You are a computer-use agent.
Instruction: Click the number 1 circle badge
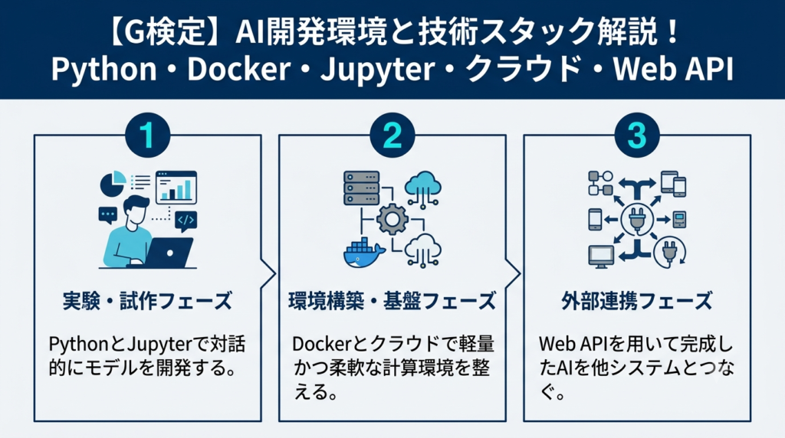pyautogui.click(x=147, y=135)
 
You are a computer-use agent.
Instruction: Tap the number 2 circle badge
pyautogui.click(x=392, y=135)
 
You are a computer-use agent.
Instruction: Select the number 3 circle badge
pyautogui.click(x=637, y=135)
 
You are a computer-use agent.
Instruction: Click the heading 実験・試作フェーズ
pyautogui.click(x=148, y=301)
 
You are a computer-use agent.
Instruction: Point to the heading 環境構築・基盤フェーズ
pyautogui.click(x=392, y=301)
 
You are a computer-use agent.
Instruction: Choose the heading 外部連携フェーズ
pyautogui.click(x=637, y=301)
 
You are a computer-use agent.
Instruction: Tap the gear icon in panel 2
pyautogui.click(x=392, y=219)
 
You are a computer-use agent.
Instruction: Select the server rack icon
pyautogui.click(x=362, y=188)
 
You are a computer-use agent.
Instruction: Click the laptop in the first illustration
pyautogui.click(x=168, y=253)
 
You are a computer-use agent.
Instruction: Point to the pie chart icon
pyautogui.click(x=113, y=184)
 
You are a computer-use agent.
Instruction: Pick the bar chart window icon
pyautogui.click(x=176, y=187)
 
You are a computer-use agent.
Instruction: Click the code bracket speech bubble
pyautogui.click(x=186, y=221)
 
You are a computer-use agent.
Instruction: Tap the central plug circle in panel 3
pyautogui.click(x=637, y=219)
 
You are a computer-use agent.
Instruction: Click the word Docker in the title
pyautogui.click(x=239, y=69)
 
